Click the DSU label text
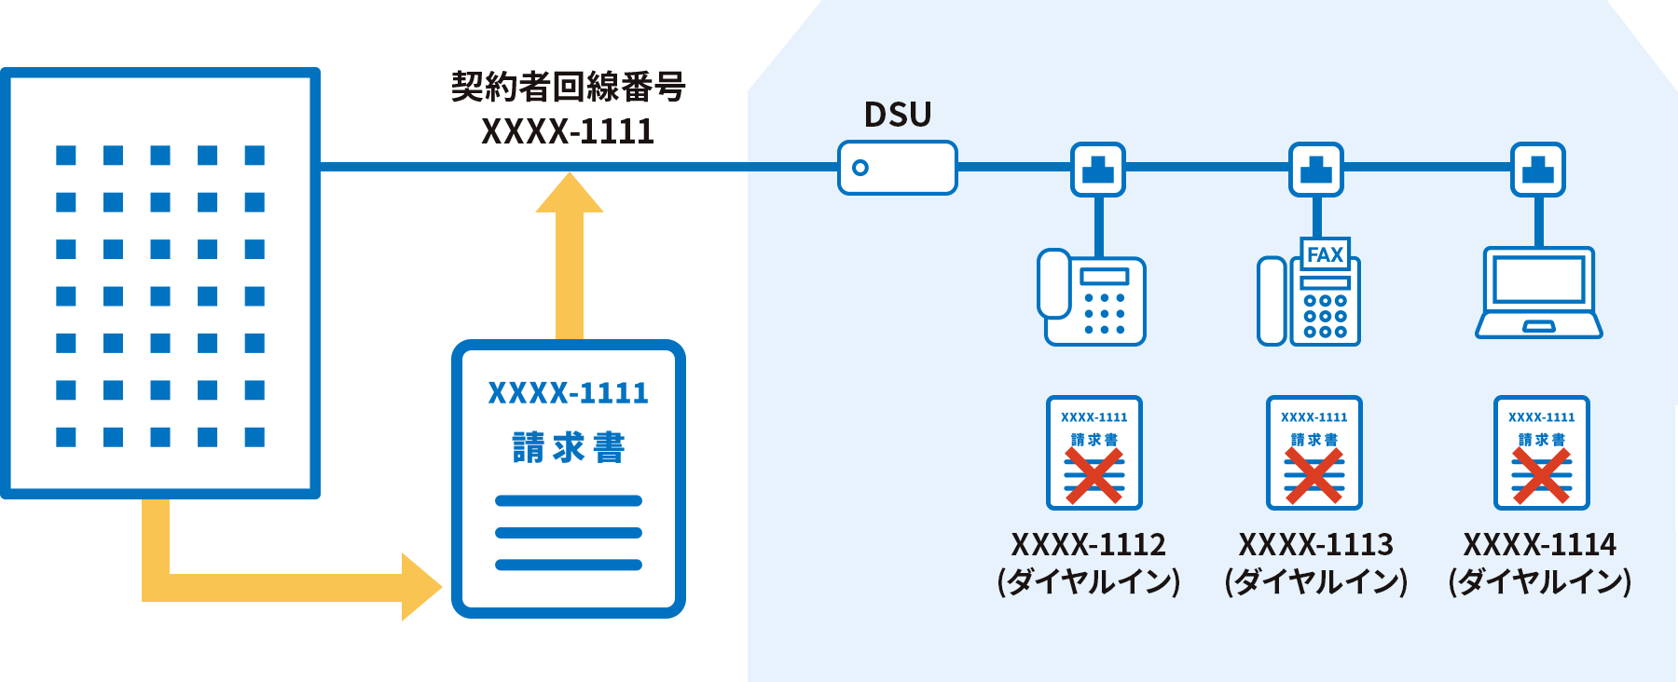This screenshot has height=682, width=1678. point(898,115)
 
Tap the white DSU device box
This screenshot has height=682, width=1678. point(898,168)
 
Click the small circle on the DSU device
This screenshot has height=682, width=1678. point(860,168)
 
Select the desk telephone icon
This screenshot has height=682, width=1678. point(1092,297)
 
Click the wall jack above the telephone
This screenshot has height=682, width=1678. point(1098,170)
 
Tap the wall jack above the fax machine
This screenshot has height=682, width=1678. point(1316,170)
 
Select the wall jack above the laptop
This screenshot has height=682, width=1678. point(1538,170)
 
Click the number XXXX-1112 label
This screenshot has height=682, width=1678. point(1089,544)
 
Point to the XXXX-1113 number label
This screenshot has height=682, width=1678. point(1316,544)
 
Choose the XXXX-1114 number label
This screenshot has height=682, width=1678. point(1540,544)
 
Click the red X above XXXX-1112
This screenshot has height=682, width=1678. point(1094,475)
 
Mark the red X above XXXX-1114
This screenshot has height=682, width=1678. point(1542,475)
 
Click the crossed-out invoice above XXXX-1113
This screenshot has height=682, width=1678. point(1314,453)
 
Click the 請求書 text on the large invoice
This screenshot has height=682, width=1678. point(569,448)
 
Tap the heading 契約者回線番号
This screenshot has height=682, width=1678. point(569,87)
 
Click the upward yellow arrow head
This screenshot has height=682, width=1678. point(570,192)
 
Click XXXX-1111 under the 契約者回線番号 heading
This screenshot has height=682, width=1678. point(568,132)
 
